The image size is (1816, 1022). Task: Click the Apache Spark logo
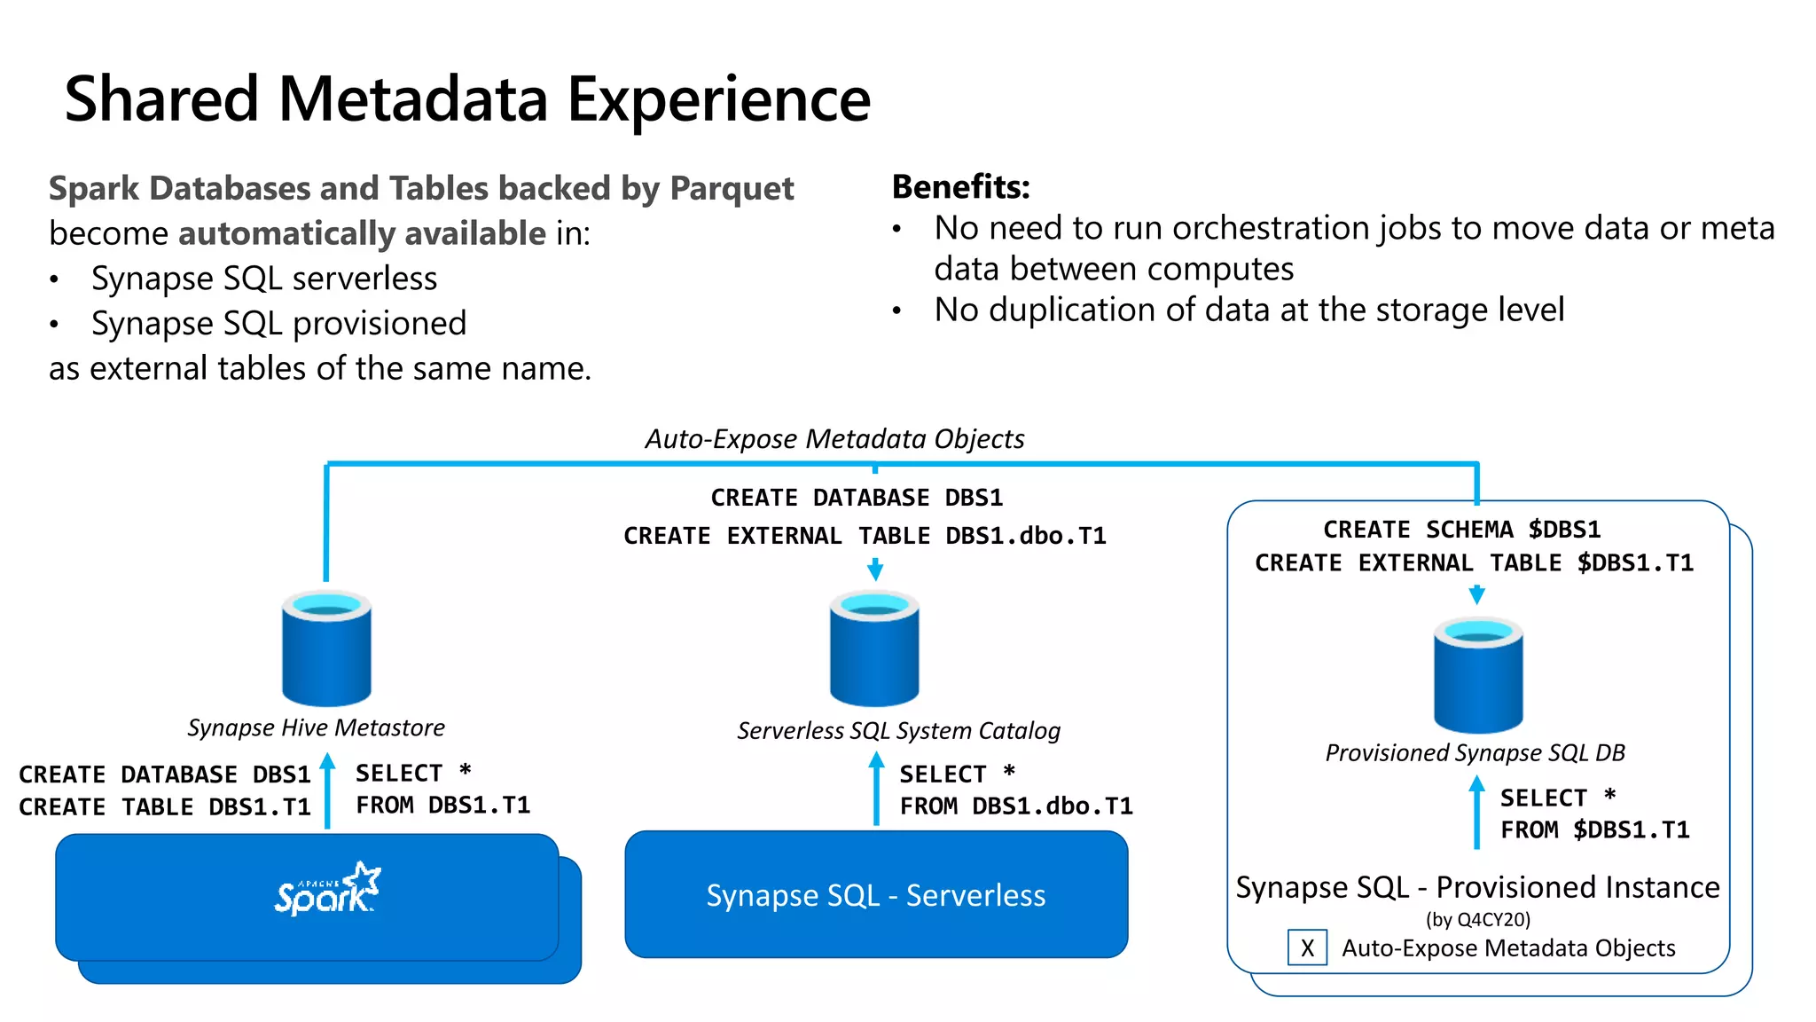coord(327,889)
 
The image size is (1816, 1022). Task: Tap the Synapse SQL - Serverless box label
coord(876,895)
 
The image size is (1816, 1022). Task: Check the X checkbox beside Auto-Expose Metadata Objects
coord(1307,947)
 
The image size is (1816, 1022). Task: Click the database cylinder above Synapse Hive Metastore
coord(326,649)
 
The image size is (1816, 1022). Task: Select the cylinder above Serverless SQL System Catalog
coord(874,649)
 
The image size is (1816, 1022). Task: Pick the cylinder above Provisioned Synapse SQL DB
coord(1478,675)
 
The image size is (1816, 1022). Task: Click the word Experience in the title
coord(718,99)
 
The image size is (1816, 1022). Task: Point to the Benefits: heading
coord(960,187)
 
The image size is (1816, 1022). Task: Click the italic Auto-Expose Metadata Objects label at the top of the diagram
coord(834,439)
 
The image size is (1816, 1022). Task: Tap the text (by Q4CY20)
coord(1478,919)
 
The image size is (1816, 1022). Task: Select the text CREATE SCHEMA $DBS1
coord(1461,530)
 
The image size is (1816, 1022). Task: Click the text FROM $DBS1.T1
coord(1594,830)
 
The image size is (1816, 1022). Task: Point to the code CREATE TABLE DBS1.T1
coord(165,807)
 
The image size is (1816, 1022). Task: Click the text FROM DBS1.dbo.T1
coord(1016,806)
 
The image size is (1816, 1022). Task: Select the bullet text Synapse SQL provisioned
coord(278,324)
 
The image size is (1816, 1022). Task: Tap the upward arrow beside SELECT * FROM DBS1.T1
coord(327,790)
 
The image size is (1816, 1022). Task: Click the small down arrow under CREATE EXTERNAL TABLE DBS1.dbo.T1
coord(875,570)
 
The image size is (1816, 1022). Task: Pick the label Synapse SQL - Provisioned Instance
coord(1477,887)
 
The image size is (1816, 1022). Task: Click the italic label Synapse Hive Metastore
coord(316,728)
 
